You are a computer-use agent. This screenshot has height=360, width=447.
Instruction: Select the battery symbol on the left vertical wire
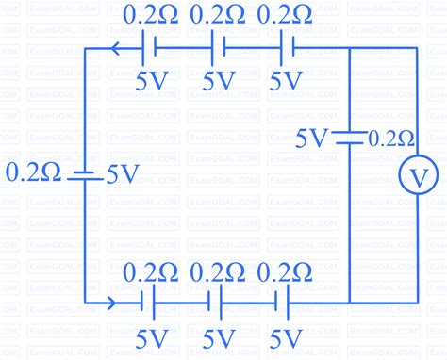[x=86, y=175]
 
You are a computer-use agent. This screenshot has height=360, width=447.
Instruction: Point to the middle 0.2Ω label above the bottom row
[x=218, y=273]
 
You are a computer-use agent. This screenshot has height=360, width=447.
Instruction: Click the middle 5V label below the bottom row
[x=218, y=336]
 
